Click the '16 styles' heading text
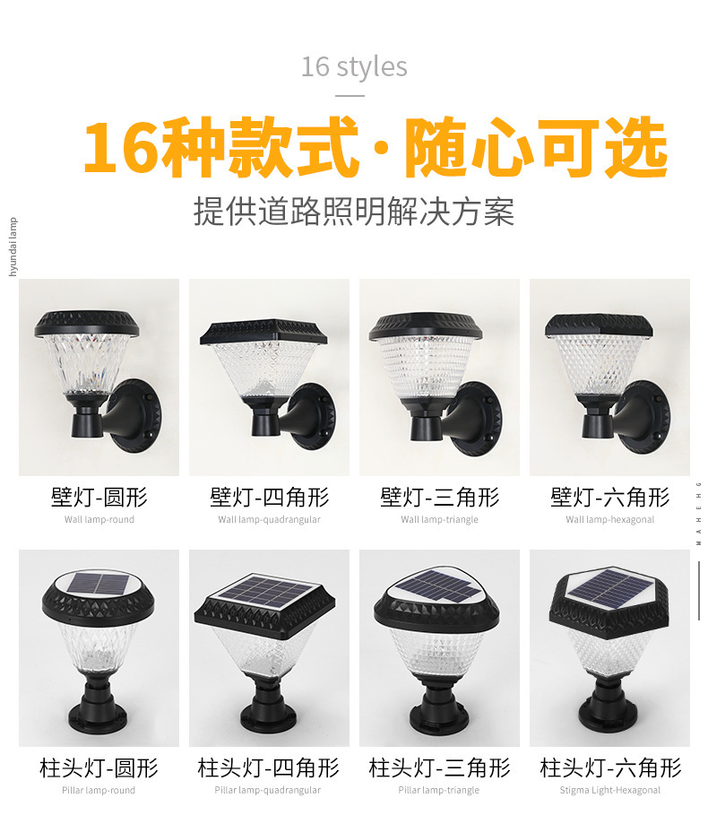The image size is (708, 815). (354, 67)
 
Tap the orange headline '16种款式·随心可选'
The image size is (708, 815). (376, 147)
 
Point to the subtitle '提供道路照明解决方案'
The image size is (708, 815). (354, 212)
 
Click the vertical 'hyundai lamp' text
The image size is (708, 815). (13, 247)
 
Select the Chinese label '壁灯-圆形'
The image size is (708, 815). (99, 497)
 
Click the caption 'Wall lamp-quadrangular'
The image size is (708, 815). (269, 519)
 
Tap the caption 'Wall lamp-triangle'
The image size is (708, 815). (439, 519)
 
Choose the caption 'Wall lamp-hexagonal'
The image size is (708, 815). (609, 519)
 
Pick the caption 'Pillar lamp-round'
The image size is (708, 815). (99, 790)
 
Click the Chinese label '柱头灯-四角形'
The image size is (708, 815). (269, 767)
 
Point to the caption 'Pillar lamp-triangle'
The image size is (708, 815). (439, 790)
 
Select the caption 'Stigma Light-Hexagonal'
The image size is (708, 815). (609, 790)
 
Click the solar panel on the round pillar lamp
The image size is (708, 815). (99, 585)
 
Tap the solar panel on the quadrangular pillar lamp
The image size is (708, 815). (266, 591)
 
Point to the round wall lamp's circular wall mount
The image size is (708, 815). (136, 416)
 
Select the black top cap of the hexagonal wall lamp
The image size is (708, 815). (599, 325)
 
